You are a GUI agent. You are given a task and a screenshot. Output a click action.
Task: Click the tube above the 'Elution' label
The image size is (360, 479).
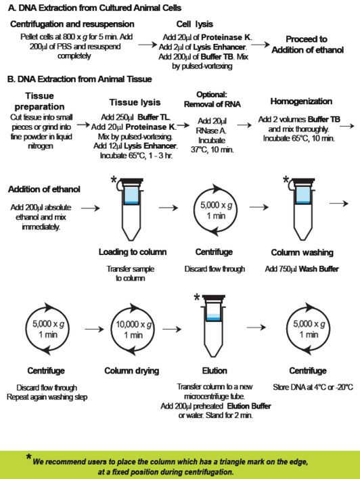coord(218,332)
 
